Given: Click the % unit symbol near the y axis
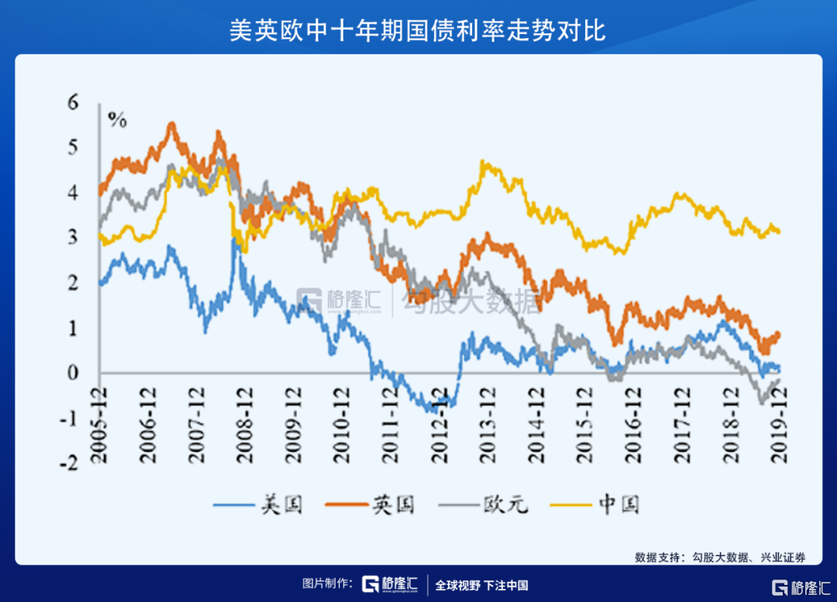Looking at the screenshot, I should [x=117, y=119].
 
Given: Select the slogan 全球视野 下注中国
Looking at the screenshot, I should [x=481, y=585].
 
